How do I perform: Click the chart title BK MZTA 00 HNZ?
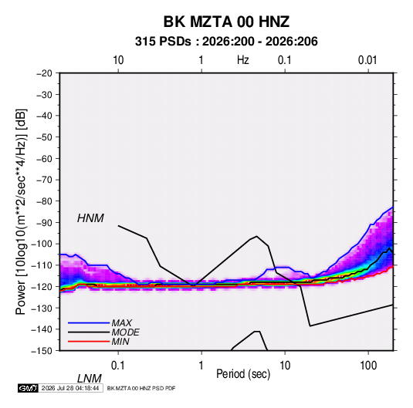(x=226, y=22)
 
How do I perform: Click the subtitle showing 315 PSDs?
(x=226, y=42)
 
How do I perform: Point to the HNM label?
(x=90, y=218)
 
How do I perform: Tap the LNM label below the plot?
(x=89, y=379)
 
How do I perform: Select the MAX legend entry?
(x=121, y=322)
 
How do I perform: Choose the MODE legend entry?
(x=125, y=332)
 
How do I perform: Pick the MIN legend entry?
(x=120, y=342)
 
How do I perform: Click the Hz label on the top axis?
(x=243, y=60)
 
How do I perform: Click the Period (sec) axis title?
(x=243, y=374)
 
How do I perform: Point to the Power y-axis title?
(x=21, y=212)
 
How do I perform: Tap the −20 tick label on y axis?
(x=44, y=73)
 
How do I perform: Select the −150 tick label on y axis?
(x=42, y=351)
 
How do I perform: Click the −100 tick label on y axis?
(x=42, y=244)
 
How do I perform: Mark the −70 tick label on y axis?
(x=44, y=180)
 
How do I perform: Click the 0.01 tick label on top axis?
(x=367, y=60)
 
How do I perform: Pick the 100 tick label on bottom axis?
(x=368, y=366)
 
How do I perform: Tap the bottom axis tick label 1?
(x=201, y=366)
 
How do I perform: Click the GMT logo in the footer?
(x=29, y=388)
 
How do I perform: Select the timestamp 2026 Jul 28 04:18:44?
(x=70, y=388)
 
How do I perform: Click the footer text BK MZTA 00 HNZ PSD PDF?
(x=141, y=388)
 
